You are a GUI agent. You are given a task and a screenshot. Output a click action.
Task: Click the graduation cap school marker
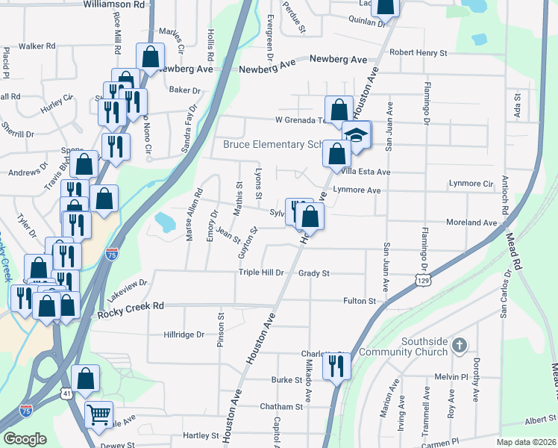[357, 136]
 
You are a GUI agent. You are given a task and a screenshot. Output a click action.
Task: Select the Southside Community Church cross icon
[460, 346]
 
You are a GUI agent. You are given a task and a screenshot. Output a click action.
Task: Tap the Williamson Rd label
[113, 4]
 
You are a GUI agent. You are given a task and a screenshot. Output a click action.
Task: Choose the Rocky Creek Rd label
[131, 306]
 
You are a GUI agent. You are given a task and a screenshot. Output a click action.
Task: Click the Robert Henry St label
[418, 53]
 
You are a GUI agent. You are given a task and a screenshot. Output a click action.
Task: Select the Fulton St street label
[358, 300]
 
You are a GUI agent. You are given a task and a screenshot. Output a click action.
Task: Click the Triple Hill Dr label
[261, 273]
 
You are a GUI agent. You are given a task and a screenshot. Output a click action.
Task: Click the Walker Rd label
[37, 46]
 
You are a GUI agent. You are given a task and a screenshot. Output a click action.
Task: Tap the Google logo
[25, 439]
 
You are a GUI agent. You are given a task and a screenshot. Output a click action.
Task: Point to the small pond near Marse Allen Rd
[163, 221]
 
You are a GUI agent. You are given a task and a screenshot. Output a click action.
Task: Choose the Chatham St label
[281, 407]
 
